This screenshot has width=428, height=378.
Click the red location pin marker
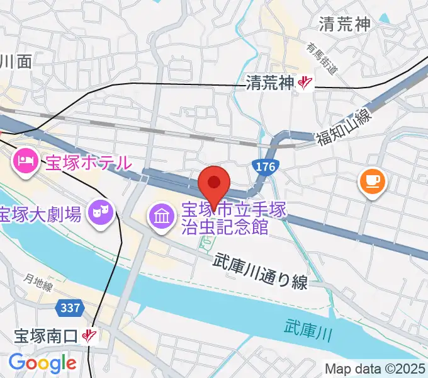click(214, 184)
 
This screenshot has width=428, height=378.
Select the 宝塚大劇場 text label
click(41, 214)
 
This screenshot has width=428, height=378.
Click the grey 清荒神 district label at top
click(346, 25)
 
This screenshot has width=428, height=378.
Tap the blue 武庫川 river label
click(308, 328)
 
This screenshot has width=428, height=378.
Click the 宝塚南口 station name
click(47, 336)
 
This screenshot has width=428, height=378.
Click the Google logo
click(42, 364)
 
